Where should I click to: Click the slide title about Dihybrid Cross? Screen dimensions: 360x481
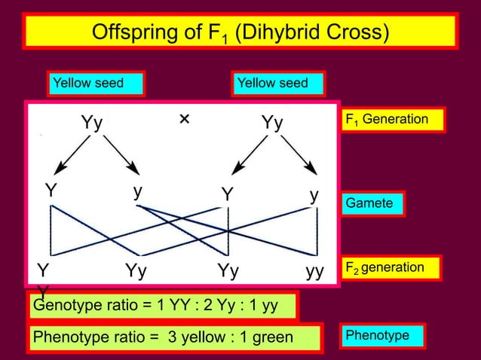pyautogui.click(x=240, y=32)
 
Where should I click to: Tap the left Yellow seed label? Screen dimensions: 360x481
pyautogui.click(x=96, y=83)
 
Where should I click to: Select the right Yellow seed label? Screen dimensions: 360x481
pyautogui.click(x=277, y=83)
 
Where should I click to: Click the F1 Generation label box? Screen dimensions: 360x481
pyautogui.click(x=393, y=120)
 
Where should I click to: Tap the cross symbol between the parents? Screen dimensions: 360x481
pyautogui.click(x=184, y=120)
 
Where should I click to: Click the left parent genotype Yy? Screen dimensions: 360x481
pyautogui.click(x=92, y=123)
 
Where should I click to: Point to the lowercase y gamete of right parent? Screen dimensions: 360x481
pyautogui.click(x=314, y=194)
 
